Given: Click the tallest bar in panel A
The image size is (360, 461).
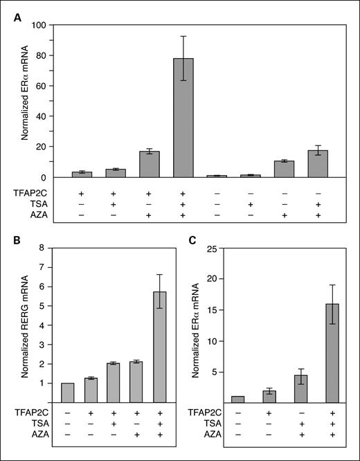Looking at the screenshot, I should coord(183,118).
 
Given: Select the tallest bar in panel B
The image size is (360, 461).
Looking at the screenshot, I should coord(160,347).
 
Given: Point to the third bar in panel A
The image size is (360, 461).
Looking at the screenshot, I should coord(150,164).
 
